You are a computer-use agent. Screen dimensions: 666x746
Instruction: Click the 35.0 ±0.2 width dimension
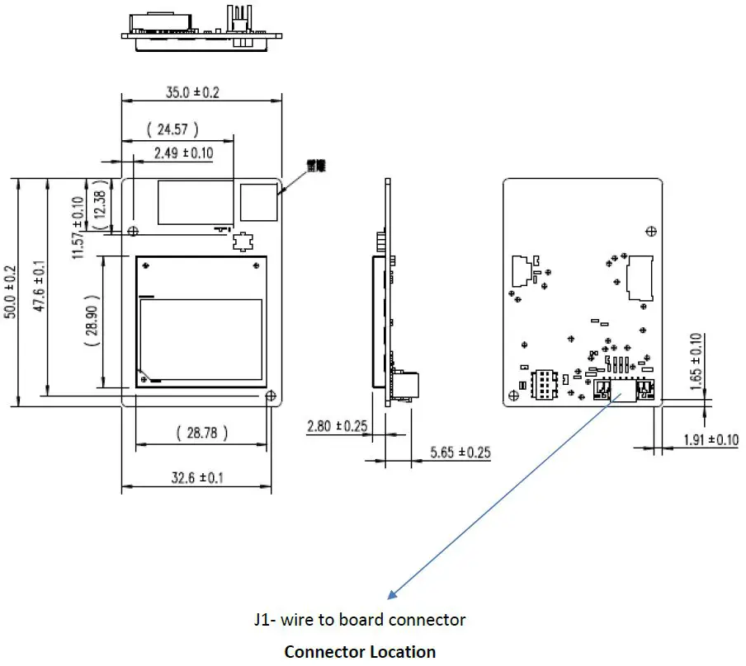point(192,92)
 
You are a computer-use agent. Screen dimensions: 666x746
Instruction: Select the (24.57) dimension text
point(172,129)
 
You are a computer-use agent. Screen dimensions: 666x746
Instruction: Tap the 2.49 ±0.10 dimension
point(183,152)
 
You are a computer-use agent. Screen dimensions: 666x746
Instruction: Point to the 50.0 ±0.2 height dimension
point(9,292)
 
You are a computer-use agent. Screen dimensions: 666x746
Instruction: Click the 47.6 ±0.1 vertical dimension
point(39,285)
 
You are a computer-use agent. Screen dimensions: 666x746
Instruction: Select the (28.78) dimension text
point(202,432)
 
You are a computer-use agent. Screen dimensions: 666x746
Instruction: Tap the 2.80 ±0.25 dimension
point(336,427)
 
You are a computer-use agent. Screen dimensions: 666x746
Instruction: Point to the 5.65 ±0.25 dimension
point(460,452)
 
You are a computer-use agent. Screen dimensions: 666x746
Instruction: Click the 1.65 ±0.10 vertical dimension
point(695,359)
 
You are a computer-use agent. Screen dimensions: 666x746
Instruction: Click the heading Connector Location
point(360,651)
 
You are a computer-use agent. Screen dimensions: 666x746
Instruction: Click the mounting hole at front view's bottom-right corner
point(271,396)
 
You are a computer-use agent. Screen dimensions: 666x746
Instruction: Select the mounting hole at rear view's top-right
point(651,232)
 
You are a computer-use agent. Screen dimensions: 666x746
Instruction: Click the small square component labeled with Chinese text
point(258,202)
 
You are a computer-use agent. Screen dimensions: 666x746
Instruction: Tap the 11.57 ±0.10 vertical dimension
point(78,227)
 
